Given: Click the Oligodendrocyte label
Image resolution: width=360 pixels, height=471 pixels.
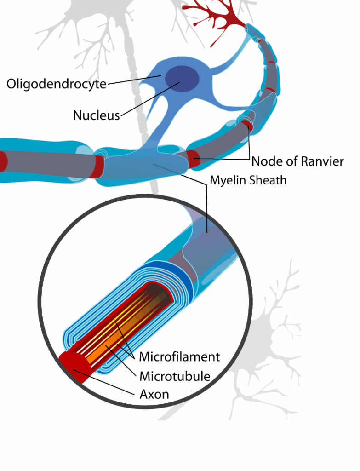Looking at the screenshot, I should point(56,84).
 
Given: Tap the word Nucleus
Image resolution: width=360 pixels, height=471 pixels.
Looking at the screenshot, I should point(96,115).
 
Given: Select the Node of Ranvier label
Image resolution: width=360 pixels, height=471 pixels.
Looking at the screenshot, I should point(297,161).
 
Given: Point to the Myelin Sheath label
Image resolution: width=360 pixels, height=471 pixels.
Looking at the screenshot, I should point(248,180).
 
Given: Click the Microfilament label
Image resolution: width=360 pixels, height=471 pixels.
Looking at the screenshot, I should point(179,356).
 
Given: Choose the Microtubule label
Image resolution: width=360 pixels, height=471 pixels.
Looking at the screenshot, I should point(175,376).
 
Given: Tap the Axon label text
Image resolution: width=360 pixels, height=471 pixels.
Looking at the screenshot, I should point(154,394).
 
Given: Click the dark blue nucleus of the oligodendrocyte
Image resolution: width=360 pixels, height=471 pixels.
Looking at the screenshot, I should point(182,79).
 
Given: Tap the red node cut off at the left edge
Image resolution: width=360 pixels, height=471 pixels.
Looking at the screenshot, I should point(3,161).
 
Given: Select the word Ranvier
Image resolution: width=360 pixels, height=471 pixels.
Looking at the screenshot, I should point(322,161).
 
